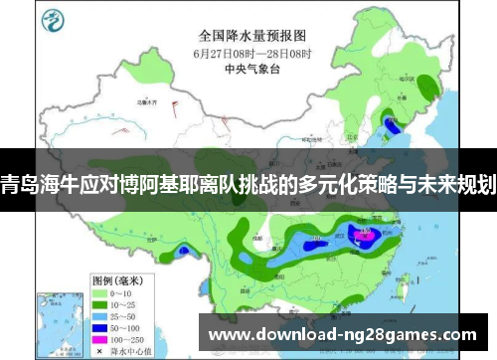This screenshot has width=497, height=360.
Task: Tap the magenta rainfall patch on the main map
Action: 362,236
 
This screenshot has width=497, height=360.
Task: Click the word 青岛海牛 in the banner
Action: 40,185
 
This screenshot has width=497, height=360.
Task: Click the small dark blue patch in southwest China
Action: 181,251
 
